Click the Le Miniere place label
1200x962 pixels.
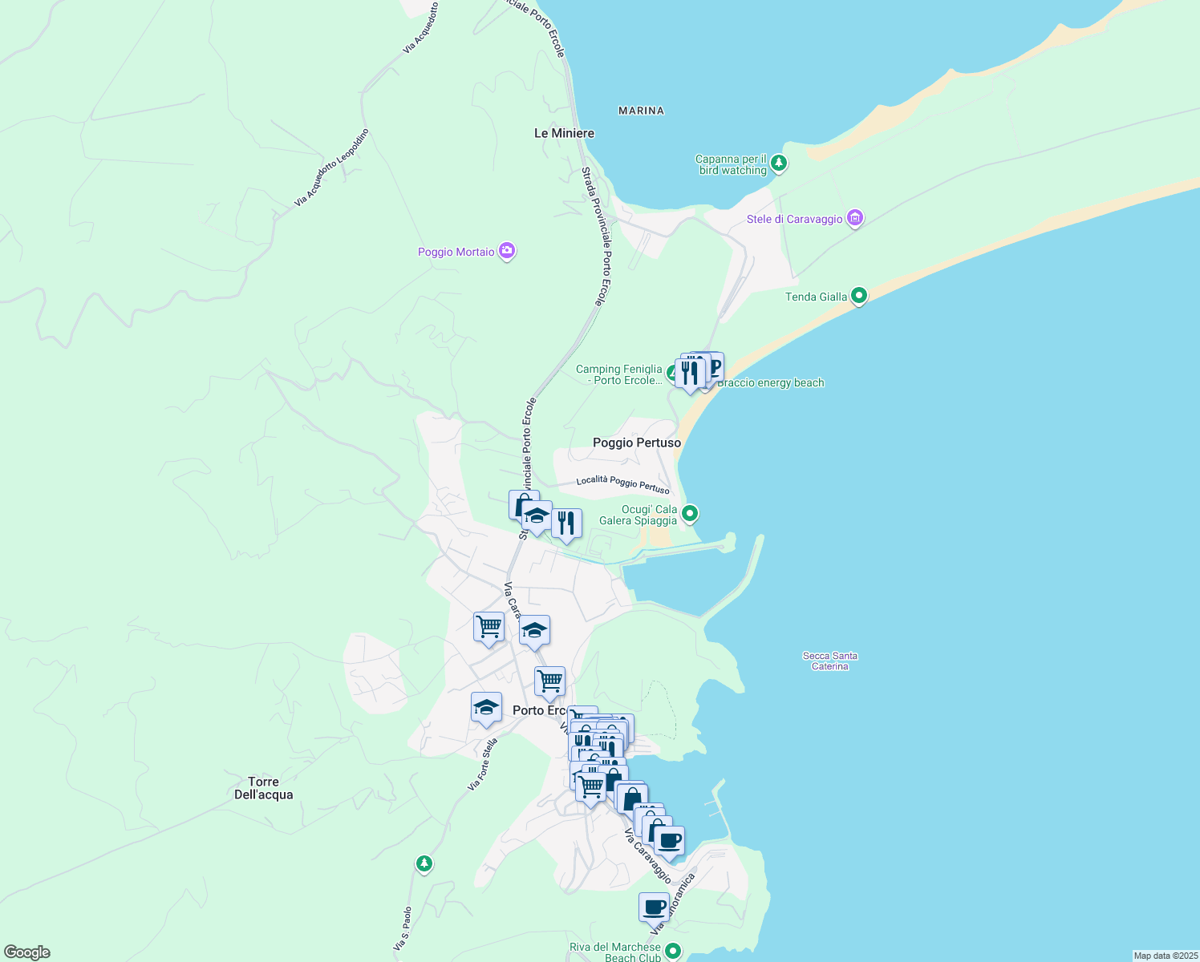point(564,133)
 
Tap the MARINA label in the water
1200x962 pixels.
point(641,111)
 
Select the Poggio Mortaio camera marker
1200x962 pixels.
point(507,251)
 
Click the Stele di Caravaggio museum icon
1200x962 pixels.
point(855,218)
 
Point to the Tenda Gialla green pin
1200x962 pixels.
point(859,296)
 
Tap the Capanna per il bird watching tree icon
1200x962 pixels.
point(778,164)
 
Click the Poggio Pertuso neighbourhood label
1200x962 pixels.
point(636,443)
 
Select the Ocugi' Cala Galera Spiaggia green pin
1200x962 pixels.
point(690,513)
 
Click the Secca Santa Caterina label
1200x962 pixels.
point(829,661)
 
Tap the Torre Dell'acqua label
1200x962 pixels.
point(263,788)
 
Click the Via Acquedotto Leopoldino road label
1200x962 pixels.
point(331,168)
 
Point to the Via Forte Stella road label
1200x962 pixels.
point(483,764)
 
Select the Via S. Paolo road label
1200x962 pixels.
point(403,929)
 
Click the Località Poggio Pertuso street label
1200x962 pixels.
point(622,483)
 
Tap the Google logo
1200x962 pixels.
point(26,952)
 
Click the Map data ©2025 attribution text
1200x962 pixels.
point(1165,956)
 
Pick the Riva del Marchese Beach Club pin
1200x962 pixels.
point(672,951)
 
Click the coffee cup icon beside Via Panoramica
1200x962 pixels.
point(654,907)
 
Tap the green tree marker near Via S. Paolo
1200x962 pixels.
point(424,863)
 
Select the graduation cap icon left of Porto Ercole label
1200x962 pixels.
point(486,708)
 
